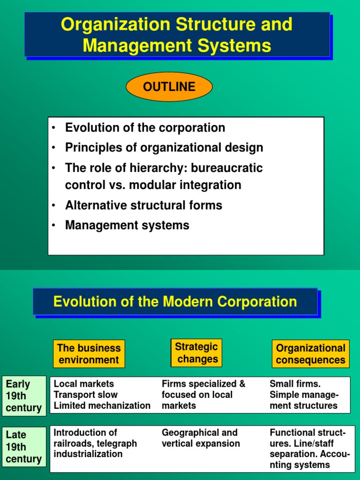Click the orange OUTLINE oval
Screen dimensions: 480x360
tap(169, 87)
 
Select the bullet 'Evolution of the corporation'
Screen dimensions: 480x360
tap(145, 127)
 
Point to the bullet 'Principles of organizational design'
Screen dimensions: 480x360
tap(164, 148)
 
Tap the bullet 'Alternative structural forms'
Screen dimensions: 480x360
tap(143, 205)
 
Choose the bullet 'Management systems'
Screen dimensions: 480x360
tap(127, 225)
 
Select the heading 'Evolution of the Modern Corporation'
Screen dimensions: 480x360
tap(175, 301)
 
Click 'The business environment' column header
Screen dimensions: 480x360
tap(89, 354)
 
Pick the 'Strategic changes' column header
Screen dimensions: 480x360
tap(196, 353)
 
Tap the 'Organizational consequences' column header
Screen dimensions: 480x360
tap(310, 354)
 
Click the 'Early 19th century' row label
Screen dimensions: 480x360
tap(24, 396)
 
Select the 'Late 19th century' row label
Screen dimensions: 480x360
tap(24, 447)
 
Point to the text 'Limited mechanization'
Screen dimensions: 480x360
tap(102, 406)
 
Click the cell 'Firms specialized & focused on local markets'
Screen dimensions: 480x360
tap(203, 395)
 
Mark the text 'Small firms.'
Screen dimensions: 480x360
tap(295, 384)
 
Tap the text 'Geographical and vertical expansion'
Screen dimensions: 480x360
tap(200, 438)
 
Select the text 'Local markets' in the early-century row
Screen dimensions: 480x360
tap(83, 384)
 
